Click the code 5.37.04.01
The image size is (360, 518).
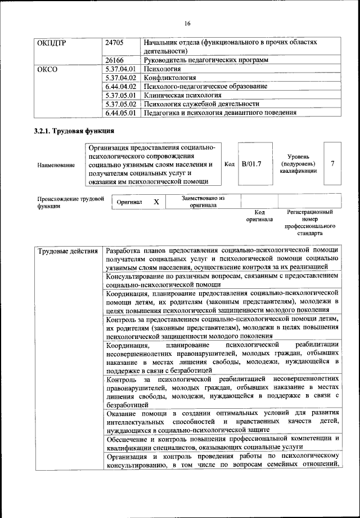click(121, 69)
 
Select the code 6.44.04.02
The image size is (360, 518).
click(121, 87)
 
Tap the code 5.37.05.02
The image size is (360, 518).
click(121, 104)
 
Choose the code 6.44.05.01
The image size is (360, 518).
click(121, 113)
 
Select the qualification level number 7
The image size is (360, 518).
click(333, 164)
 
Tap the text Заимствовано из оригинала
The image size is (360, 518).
click(203, 202)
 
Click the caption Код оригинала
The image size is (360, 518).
click(259, 216)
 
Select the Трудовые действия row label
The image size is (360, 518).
click(67, 251)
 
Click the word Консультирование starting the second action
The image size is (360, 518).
click(134, 276)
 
